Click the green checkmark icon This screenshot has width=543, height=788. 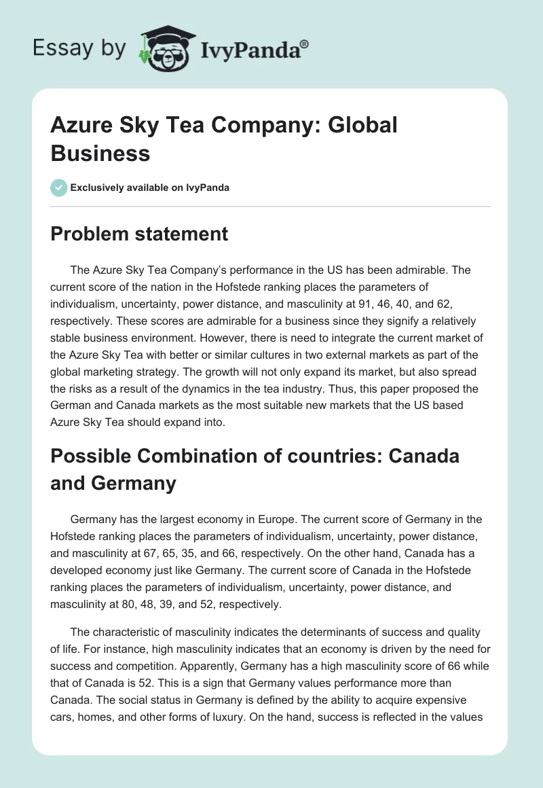[x=59, y=187]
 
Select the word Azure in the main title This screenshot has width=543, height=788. [x=81, y=126]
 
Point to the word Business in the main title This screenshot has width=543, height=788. [x=100, y=153]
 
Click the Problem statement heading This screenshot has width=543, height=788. [x=139, y=234]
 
